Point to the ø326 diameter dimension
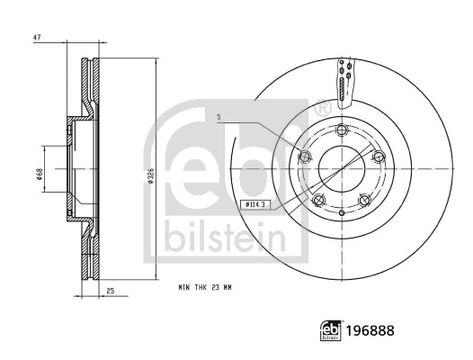click(x=149, y=176)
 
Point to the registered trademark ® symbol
click(x=321, y=108)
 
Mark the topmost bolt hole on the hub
click(x=340, y=131)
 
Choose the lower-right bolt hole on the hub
click(x=363, y=200)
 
